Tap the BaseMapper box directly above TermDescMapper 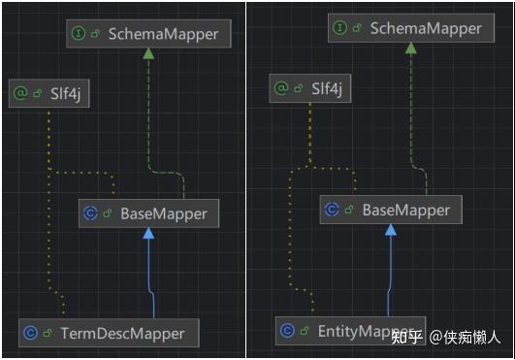148,213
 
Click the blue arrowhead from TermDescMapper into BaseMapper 148,234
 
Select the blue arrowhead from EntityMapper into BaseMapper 391,230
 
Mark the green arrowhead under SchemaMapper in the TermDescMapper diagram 148,54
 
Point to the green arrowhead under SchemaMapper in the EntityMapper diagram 410,49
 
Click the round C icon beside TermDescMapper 30,334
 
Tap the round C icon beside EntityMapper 287,331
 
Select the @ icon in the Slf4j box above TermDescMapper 19,93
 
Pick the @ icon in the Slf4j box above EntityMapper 281,89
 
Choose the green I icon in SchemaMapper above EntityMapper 339,28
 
